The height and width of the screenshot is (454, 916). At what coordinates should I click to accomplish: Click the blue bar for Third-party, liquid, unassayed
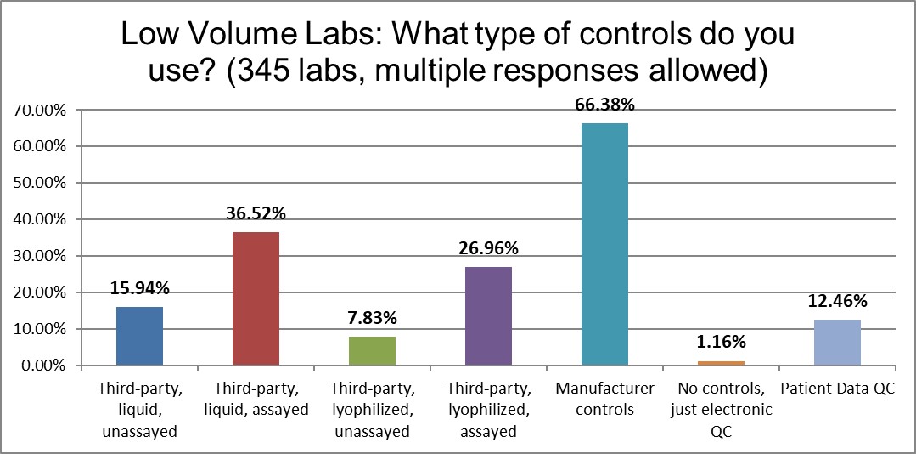pyautogui.click(x=139, y=336)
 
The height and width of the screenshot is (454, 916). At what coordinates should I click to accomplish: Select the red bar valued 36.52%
pyautogui.click(x=256, y=298)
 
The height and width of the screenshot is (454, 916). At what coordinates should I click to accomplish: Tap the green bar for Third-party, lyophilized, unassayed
pyautogui.click(x=372, y=351)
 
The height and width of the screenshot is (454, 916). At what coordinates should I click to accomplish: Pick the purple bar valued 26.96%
pyautogui.click(x=488, y=316)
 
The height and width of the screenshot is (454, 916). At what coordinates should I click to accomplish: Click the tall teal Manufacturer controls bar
pyautogui.click(x=604, y=245)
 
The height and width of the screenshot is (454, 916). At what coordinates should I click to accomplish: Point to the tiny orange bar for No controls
pyautogui.click(x=721, y=363)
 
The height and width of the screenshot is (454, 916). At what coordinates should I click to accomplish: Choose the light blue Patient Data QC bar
pyautogui.click(x=837, y=343)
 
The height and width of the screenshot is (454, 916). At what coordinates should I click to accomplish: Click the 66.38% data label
pyautogui.click(x=604, y=105)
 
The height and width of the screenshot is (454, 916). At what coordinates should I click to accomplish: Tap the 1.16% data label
pyautogui.click(x=721, y=343)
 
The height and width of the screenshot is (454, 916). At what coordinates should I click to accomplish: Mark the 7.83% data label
pyautogui.click(x=372, y=319)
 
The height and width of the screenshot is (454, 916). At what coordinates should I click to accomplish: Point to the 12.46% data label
pyautogui.click(x=837, y=301)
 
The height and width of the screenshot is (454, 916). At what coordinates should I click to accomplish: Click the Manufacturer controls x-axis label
pyautogui.click(x=604, y=400)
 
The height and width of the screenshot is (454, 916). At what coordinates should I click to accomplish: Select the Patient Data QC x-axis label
pyautogui.click(x=837, y=389)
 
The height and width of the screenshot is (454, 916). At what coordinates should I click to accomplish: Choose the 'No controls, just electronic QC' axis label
pyautogui.click(x=721, y=410)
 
